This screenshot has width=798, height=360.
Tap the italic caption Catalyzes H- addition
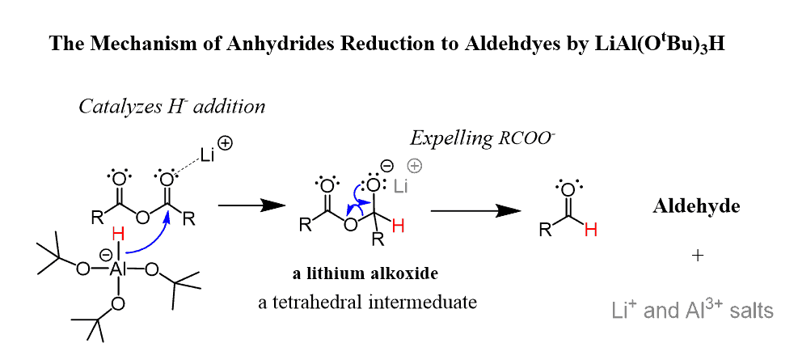tap(171, 106)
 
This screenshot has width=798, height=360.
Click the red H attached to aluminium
tap(118, 235)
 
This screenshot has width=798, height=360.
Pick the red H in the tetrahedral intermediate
tap(397, 228)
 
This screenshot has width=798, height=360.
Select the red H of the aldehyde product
tap(591, 230)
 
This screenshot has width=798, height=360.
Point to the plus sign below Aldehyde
tap(698, 256)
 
